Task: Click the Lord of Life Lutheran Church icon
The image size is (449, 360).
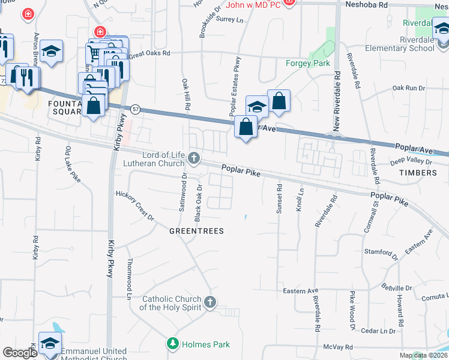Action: [193, 158]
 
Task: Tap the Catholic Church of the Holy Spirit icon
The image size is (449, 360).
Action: [209, 302]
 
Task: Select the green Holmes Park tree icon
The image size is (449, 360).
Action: [172, 344]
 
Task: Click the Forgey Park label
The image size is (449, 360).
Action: [308, 63]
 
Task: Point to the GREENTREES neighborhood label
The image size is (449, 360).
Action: [196, 231]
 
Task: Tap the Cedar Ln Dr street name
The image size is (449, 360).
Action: [379, 331]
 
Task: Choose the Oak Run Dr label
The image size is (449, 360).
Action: [408, 88]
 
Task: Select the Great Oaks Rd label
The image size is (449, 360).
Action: [149, 53]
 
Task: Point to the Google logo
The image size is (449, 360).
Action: [20, 353]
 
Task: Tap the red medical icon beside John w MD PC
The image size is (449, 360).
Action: [289, 2]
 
